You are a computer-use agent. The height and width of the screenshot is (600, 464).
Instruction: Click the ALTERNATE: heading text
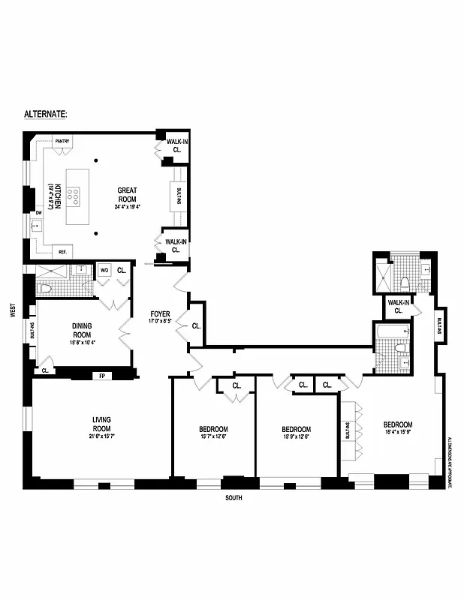46,114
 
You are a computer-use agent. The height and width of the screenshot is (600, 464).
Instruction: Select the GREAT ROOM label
126,194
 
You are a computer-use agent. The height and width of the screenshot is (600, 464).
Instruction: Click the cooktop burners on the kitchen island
75,197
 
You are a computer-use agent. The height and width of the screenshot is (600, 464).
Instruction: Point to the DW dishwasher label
38,212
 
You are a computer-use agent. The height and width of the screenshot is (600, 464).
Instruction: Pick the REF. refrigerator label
62,252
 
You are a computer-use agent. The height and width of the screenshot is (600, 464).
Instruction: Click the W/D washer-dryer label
104,270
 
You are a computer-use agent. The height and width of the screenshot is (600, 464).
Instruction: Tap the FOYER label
159,315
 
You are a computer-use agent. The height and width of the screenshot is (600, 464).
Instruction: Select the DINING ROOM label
82,330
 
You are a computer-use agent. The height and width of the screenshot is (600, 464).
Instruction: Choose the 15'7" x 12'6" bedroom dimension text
213,437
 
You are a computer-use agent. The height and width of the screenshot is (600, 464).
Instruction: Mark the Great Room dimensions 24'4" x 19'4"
126,206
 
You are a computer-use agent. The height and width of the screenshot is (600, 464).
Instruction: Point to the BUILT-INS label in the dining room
32,332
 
